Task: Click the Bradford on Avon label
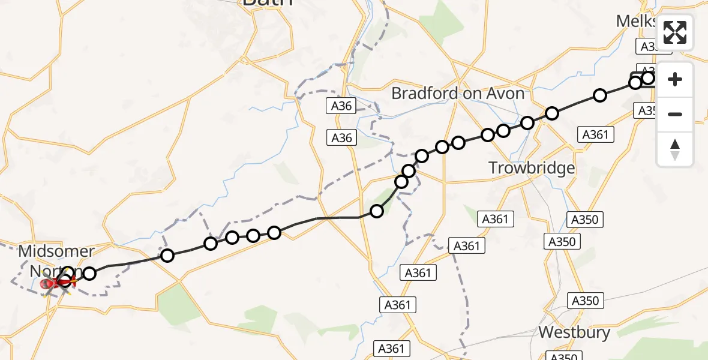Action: click(457, 94)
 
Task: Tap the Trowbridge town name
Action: click(532, 168)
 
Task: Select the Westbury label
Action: click(574, 332)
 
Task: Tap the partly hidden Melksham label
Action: click(636, 22)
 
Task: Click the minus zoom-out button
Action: click(675, 114)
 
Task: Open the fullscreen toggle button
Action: click(675, 32)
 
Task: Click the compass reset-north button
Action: click(675, 149)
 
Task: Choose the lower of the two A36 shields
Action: click(342, 138)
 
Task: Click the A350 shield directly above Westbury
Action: click(584, 301)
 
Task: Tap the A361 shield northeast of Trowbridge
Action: click(595, 135)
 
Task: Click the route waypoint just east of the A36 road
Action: click(376, 211)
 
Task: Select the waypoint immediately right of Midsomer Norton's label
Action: click(89, 274)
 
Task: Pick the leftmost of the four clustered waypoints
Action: click(210, 243)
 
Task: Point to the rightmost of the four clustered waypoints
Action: click(274, 232)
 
